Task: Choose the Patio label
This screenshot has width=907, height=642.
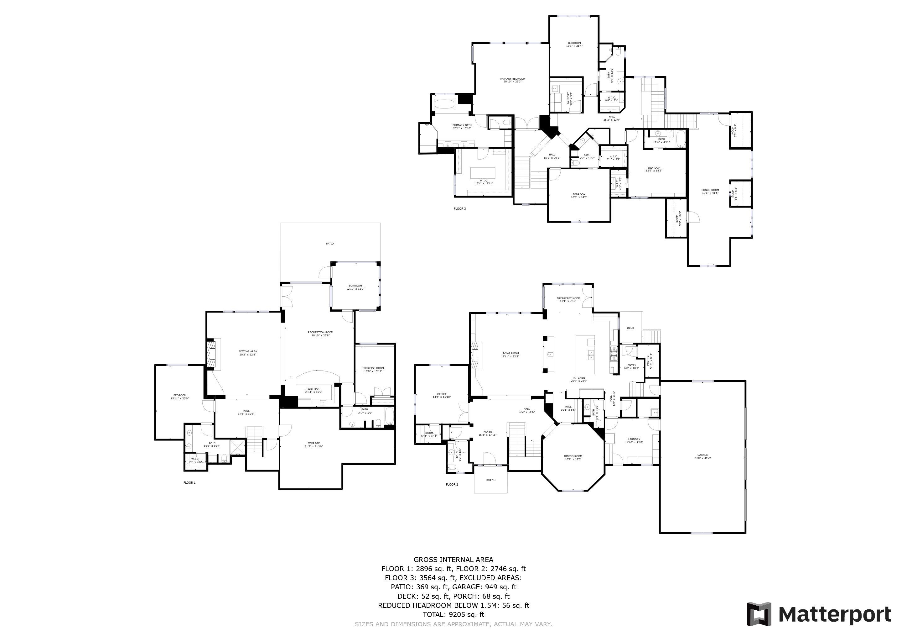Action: (329, 244)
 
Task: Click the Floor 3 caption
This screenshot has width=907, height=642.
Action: (459, 209)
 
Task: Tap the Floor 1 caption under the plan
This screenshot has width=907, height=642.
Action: (189, 483)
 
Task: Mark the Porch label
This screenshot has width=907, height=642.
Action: (491, 480)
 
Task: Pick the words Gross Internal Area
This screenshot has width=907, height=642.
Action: (453, 559)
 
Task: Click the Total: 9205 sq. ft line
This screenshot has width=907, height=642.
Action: (453, 615)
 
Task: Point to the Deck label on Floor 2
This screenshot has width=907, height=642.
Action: (630, 328)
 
